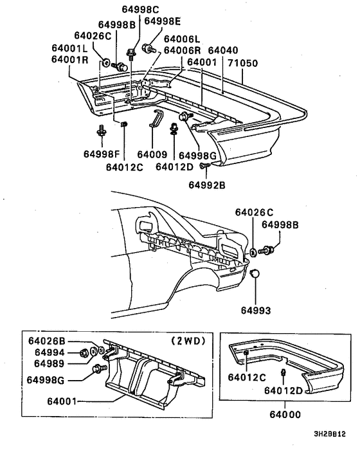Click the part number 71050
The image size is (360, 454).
coord(242,63)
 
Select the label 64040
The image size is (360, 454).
coord(223,50)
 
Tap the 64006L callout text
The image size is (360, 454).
coord(182,39)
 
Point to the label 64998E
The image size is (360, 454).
coord(163,21)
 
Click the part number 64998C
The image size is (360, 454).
coord(140,9)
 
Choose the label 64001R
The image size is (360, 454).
coord(69,59)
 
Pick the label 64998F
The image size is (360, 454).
coord(102,154)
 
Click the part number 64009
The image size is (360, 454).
coord(152,154)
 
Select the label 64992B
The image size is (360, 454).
coord(206,185)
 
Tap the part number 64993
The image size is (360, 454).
coord(256,311)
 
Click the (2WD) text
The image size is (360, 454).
coord(188,341)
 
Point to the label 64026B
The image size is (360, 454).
coord(46,341)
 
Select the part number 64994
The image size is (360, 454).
coord(50,352)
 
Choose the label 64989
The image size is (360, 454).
coord(50,363)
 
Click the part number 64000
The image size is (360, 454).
coord(285,414)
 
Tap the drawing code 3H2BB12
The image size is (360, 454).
coord(330,434)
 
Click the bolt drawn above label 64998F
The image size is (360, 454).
coord(102,131)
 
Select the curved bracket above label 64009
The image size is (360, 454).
coord(156,118)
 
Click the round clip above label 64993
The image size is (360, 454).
coord(255,273)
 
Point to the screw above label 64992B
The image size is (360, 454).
coord(205,166)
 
